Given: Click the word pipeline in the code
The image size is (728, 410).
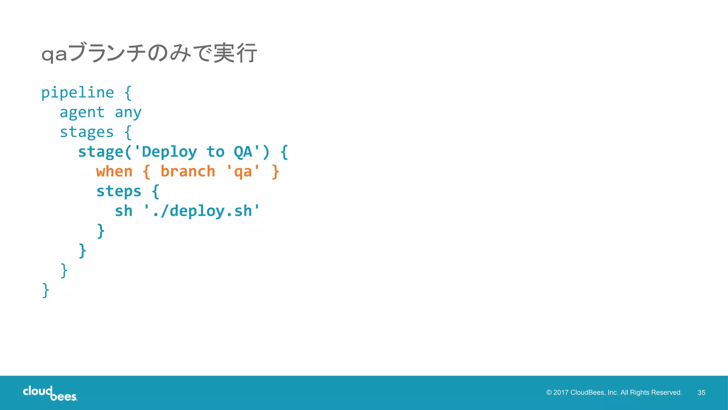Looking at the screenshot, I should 77,93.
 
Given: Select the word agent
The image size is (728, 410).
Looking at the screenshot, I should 82,113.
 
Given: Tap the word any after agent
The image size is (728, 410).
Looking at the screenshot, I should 128,113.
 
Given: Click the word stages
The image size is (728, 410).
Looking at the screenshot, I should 87,132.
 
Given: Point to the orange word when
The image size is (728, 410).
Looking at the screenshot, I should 114,172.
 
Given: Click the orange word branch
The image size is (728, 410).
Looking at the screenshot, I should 188,172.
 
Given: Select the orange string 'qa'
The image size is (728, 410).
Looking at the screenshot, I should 243,172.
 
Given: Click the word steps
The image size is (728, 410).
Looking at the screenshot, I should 119,191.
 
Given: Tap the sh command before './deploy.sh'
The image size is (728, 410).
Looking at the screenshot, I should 123,211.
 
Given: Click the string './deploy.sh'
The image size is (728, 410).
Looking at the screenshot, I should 202,211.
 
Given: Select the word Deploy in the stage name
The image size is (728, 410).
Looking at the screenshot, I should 169,152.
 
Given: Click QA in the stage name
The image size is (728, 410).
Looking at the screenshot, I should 243,152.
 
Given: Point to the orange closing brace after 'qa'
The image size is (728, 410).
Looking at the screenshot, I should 275,172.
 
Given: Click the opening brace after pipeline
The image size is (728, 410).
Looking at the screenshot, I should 128,93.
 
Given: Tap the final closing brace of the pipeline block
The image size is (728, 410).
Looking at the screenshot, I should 45,290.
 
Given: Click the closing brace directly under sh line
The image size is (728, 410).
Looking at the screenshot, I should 101,231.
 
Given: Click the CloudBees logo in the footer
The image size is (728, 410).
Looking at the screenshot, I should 50,393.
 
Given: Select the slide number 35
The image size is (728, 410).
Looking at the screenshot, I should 701,393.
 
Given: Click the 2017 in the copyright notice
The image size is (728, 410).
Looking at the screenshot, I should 561,393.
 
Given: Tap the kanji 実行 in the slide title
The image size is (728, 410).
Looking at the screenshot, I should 235,53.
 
